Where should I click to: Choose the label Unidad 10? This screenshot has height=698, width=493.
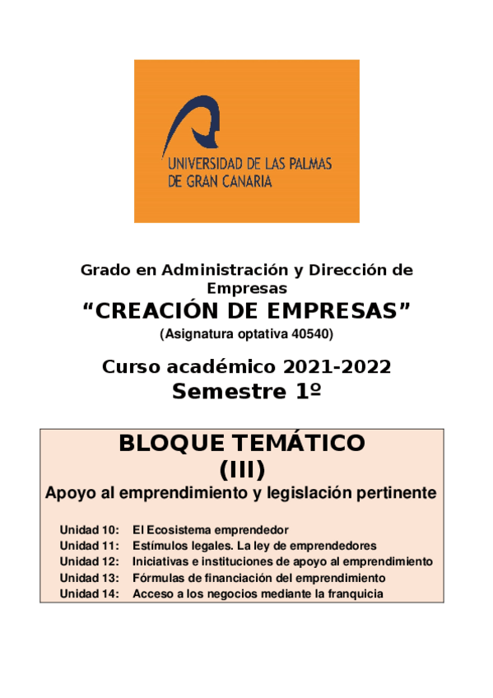90,529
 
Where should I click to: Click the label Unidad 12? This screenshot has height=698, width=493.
90,561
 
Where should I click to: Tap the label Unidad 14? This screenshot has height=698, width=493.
90,593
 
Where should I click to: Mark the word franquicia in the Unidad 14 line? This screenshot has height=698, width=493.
356,593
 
